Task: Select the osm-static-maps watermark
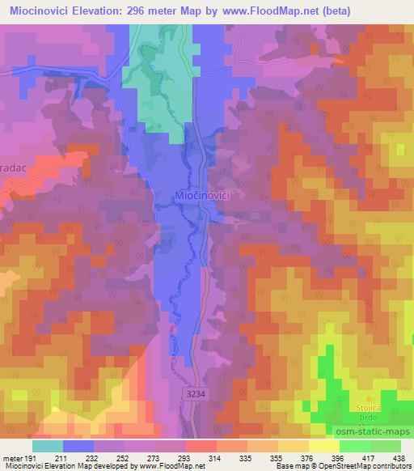tap(382, 429)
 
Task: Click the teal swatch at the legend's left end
tap(48, 446)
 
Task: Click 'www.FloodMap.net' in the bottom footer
tap(171, 465)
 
